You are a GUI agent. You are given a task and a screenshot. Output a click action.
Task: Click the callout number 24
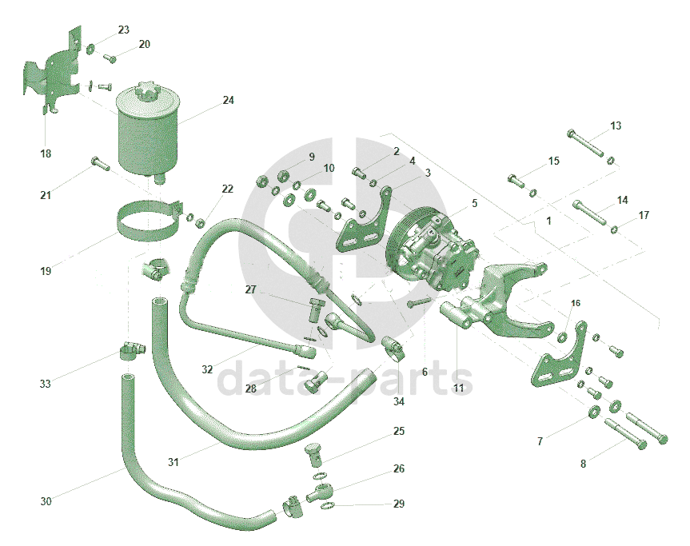(229, 101)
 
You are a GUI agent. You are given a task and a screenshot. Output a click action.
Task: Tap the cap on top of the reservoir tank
(149, 90)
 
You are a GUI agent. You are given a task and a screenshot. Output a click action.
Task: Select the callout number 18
(46, 153)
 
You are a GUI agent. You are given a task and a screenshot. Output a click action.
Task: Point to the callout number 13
(616, 126)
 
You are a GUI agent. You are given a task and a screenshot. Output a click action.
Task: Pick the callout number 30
(46, 501)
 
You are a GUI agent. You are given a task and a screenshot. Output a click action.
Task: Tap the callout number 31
(173, 461)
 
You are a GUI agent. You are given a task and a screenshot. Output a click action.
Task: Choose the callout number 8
(583, 463)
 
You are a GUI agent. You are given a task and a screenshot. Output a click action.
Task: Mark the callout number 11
(458, 389)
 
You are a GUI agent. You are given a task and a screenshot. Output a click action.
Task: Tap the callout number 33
(46, 384)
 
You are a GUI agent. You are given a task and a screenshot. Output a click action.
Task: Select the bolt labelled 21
(98, 164)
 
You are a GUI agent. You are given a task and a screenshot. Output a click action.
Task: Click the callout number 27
(250, 290)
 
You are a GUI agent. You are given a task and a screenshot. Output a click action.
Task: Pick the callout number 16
(576, 303)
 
